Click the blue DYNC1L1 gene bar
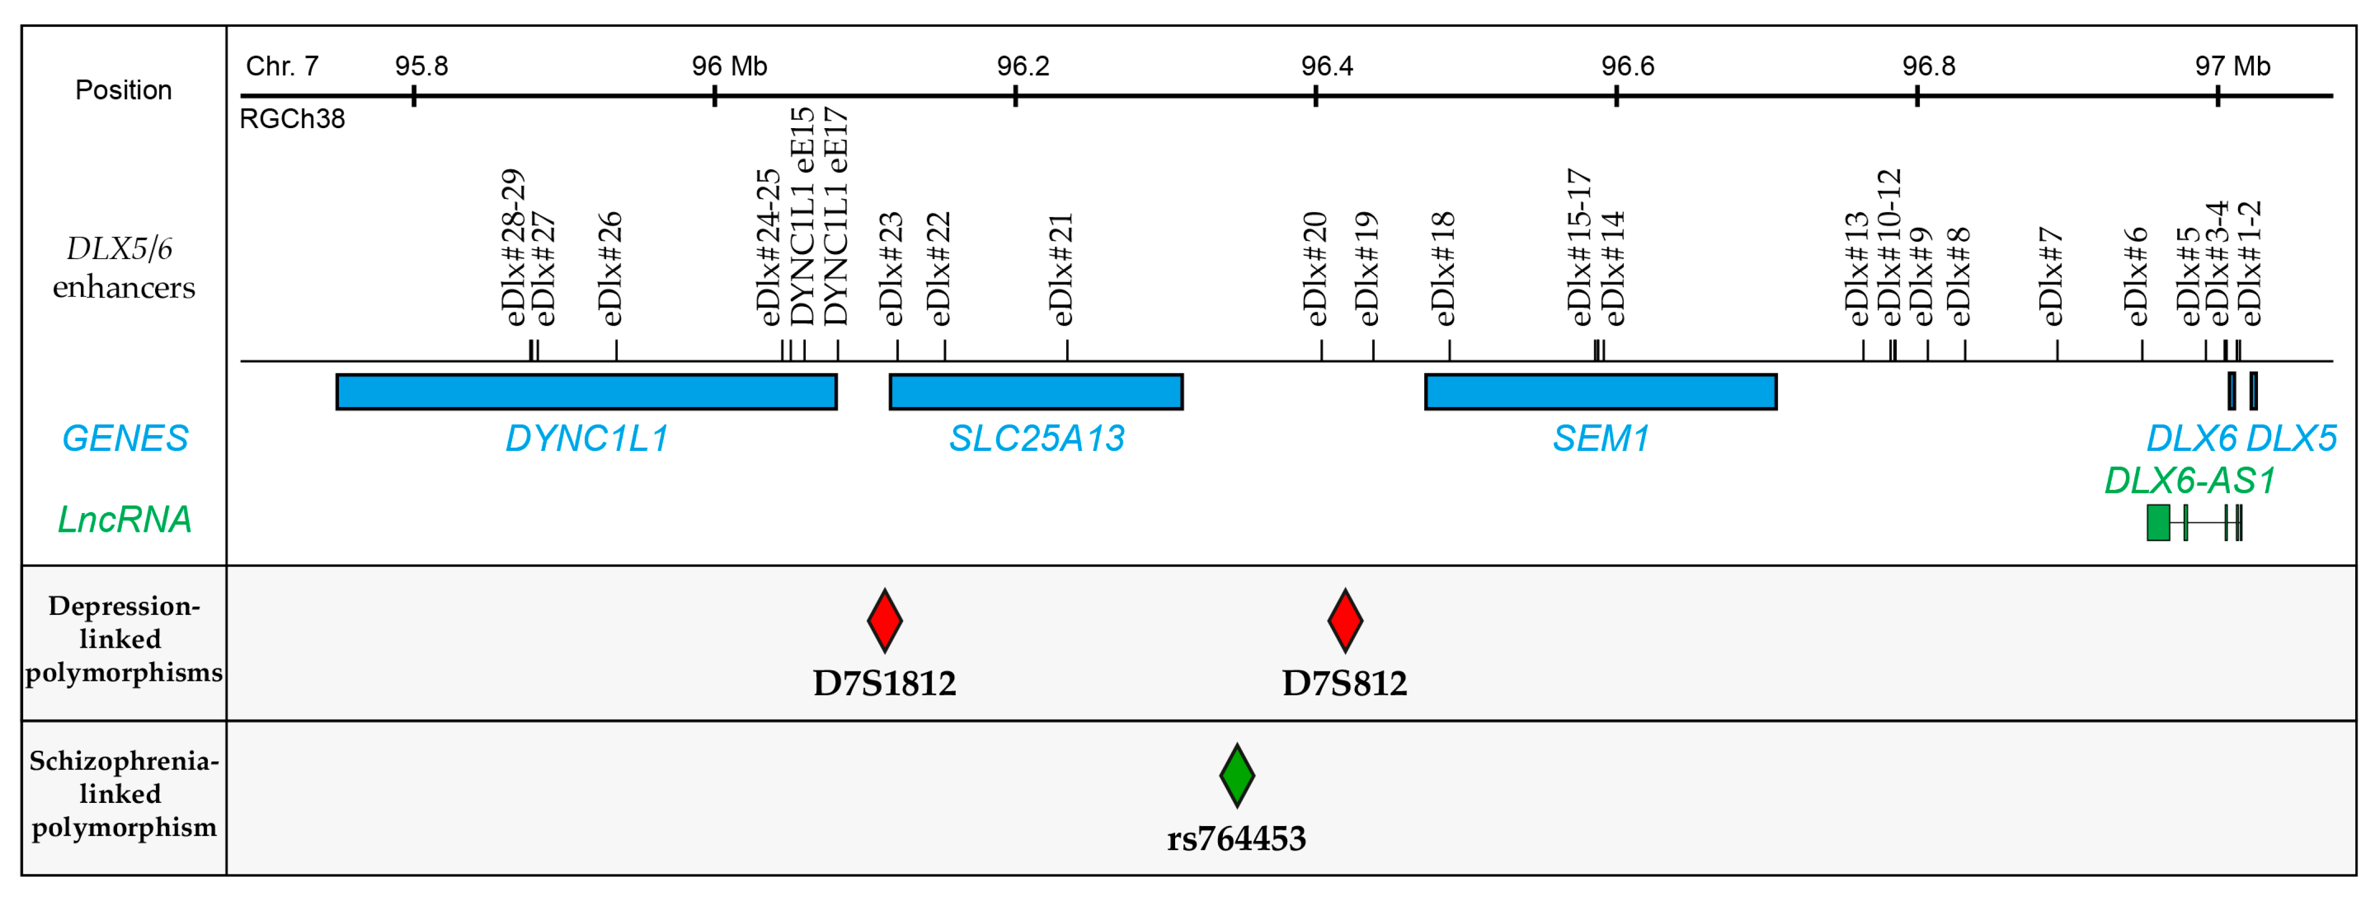(586, 392)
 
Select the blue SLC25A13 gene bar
(1036, 392)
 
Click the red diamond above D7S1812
(884, 621)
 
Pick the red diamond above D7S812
(1344, 621)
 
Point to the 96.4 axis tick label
(1327, 67)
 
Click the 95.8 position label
(422, 67)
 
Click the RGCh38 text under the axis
(292, 119)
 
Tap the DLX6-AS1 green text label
(2190, 481)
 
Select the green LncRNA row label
(124, 519)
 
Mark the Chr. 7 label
(282, 67)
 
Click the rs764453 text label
(1236, 839)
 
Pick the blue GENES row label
(124, 438)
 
